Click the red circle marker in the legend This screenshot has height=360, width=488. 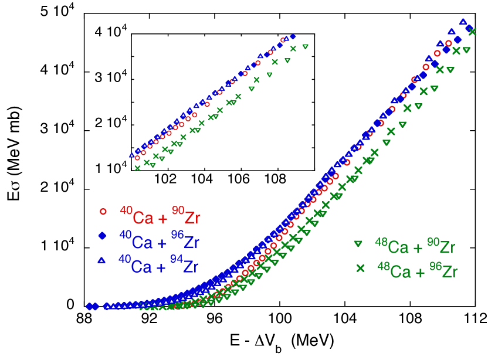click(103, 211)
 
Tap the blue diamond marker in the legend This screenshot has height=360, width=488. click(103, 236)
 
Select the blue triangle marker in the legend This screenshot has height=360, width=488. click(101, 259)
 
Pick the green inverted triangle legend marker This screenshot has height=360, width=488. click(358, 243)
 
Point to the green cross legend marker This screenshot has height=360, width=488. click(360, 268)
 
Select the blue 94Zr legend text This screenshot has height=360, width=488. click(184, 266)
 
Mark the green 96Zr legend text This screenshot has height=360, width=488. click(442, 271)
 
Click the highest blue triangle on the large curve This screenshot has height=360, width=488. click(463, 22)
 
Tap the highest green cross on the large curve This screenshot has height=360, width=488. click(472, 32)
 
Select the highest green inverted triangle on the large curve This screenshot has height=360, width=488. click(466, 50)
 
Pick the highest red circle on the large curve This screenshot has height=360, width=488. click(449, 43)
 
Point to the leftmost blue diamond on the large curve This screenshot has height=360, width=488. click(89, 306)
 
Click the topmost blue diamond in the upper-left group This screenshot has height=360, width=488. click(293, 36)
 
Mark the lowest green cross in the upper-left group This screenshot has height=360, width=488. click(138, 168)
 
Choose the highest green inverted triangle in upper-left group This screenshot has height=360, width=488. click(305, 46)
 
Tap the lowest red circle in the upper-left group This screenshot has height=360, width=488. click(137, 158)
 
